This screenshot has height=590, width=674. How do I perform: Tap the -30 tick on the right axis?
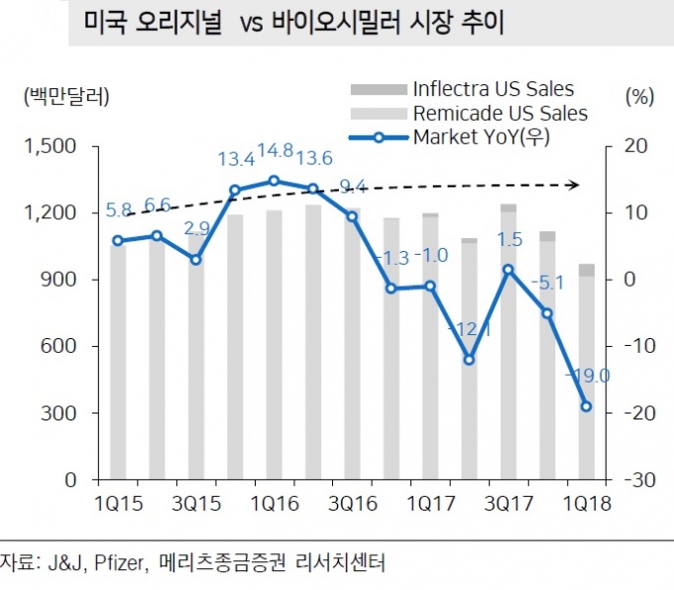click(632, 480)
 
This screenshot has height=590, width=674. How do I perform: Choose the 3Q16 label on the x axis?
click(352, 503)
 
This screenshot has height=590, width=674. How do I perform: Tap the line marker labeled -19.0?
click(585, 407)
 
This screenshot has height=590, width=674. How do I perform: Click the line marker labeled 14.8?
click(274, 180)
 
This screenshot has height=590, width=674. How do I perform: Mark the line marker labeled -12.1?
click(468, 359)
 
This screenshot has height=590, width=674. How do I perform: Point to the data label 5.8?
click(118, 211)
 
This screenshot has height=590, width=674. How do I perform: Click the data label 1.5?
click(509, 240)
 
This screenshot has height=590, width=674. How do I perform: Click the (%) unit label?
click(640, 96)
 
